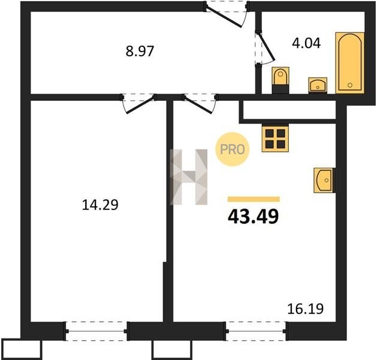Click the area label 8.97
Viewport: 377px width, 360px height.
point(140,51)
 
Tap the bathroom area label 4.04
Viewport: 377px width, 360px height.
point(306,44)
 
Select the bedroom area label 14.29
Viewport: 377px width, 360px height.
point(100,205)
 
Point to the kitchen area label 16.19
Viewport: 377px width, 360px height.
point(305,309)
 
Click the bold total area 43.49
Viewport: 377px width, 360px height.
point(253,216)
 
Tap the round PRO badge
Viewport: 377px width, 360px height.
point(233,149)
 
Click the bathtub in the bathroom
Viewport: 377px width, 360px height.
point(350,62)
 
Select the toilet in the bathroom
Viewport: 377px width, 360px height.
point(281,80)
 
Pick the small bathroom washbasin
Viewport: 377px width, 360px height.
point(318,85)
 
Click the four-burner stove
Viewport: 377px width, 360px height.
point(275,139)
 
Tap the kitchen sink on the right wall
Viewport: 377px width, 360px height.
point(324,180)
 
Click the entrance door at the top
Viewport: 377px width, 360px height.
point(226,14)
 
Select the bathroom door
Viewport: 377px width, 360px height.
point(264,49)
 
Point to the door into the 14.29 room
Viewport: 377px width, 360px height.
point(138,103)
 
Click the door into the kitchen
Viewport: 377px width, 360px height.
point(200,103)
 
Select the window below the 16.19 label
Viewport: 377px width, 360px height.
point(256,331)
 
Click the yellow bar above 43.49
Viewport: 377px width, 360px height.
point(254,199)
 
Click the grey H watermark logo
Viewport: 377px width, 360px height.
point(188,177)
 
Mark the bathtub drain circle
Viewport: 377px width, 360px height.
point(350,85)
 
